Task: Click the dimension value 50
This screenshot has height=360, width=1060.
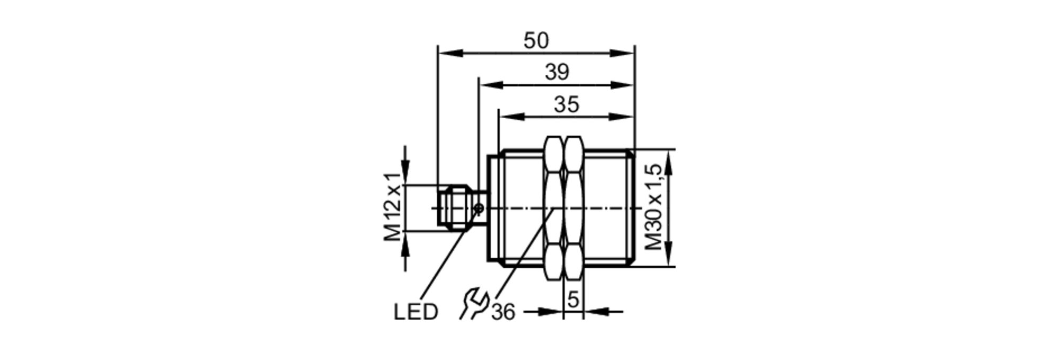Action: (536, 41)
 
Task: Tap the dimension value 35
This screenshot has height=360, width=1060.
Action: (566, 104)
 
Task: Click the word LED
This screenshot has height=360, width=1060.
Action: (416, 312)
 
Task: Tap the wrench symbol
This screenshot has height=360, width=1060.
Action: (473, 303)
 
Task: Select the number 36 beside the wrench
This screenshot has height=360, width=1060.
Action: (502, 312)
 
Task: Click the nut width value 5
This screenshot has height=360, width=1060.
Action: (573, 300)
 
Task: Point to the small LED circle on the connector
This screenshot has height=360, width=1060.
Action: (479, 208)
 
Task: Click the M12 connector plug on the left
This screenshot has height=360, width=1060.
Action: (456, 207)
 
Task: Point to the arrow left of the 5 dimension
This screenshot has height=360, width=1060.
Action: (551, 312)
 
